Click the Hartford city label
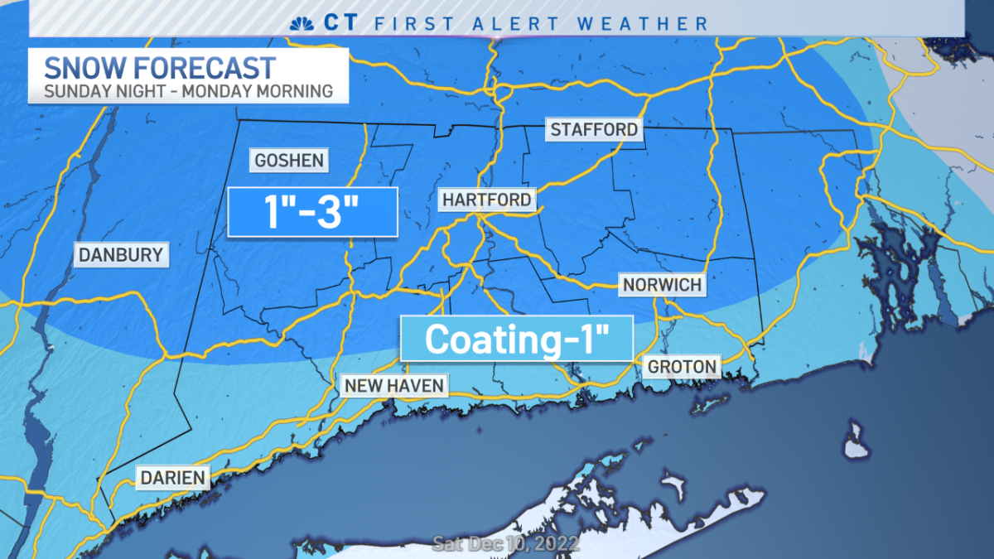coord(486,200)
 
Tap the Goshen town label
coord(288,160)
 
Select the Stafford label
coord(594,129)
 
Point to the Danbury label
coord(121,254)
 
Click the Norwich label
coord(662,285)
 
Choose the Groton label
coord(683,366)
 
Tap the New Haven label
coord(394,385)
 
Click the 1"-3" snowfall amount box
coord(312,212)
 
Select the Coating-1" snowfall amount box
coord(517,339)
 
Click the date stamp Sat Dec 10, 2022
coord(505,545)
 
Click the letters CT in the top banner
coord(344,22)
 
